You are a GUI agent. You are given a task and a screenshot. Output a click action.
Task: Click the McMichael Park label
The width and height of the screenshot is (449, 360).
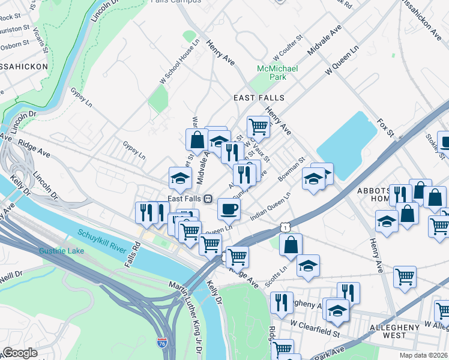pos(277,73)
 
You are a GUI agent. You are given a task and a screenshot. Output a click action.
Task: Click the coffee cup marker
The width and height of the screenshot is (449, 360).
pos(228,209)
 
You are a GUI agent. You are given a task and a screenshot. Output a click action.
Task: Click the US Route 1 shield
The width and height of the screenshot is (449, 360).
pos(285,226)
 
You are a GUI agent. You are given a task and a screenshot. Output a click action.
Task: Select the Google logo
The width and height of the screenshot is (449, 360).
pos(19,353)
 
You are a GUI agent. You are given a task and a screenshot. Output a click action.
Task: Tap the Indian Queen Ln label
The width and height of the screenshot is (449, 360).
pos(270,205)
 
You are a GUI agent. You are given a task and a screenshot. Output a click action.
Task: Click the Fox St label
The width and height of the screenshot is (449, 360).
pos(384,127)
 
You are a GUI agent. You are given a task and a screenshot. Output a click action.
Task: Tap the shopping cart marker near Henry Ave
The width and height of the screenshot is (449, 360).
pos(258,126)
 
